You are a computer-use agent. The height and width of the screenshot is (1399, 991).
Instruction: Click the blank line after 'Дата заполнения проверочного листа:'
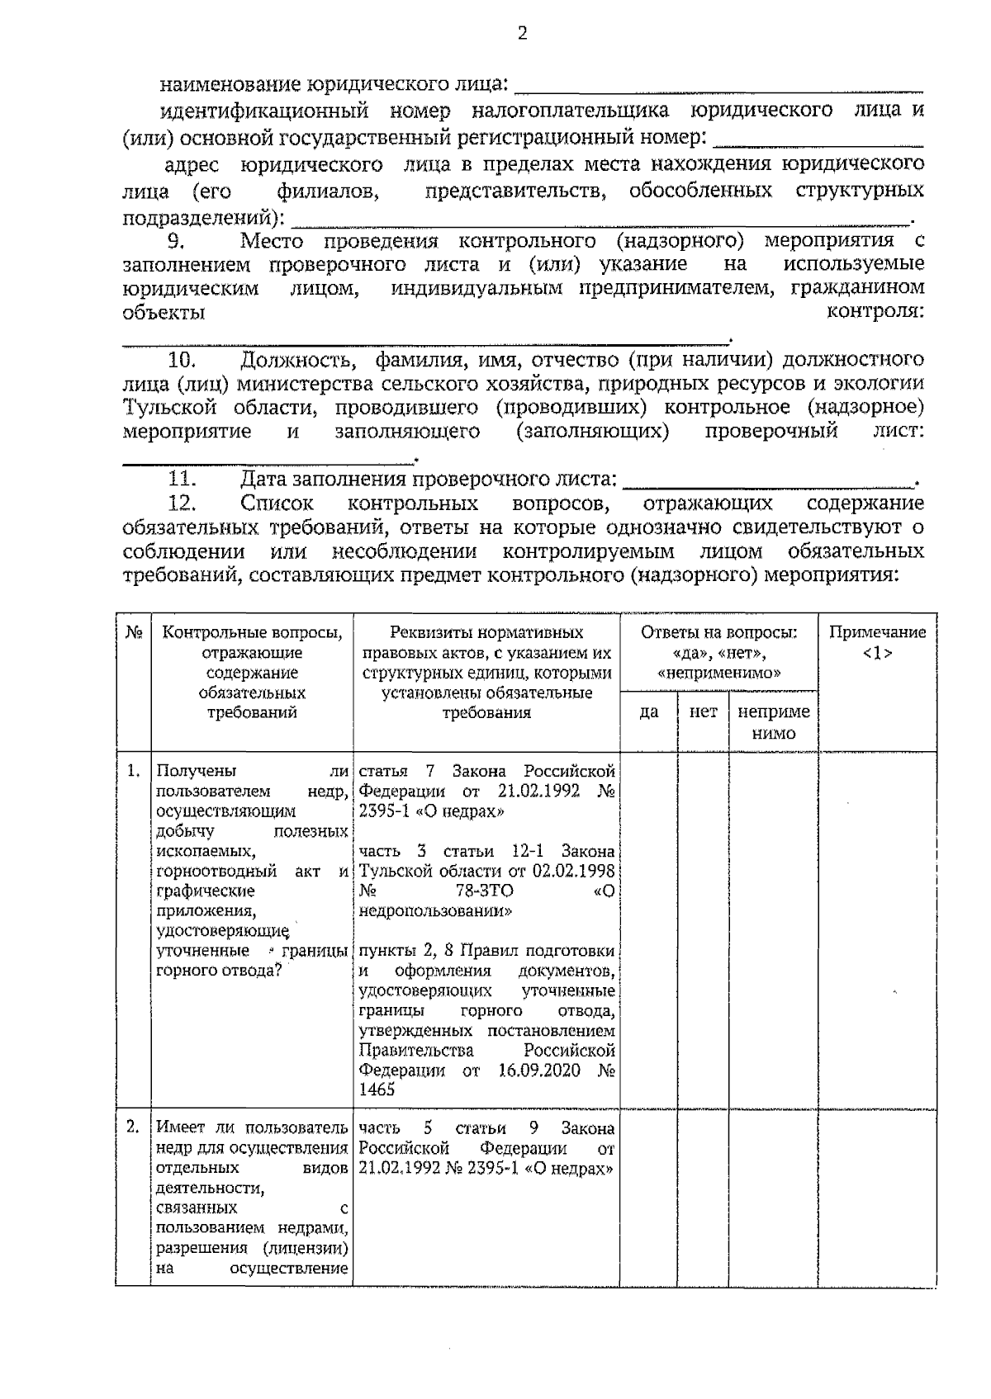[768, 481]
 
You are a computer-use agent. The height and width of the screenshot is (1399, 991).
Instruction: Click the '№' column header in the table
[133, 633]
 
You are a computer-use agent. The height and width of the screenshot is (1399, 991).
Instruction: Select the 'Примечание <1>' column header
[877, 643]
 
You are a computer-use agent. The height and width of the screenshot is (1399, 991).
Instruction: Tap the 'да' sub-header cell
[649, 711]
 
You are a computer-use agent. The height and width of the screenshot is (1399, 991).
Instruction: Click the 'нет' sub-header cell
[703, 711]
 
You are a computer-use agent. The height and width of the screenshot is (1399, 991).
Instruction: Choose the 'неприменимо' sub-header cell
[774, 721]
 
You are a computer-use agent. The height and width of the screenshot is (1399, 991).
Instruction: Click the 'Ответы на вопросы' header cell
[719, 652]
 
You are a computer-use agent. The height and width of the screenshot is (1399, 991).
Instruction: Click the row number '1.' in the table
[133, 772]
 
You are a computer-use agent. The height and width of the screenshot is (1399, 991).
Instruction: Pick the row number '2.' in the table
[133, 1127]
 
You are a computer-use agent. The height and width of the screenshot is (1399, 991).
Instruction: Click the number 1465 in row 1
[377, 1090]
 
